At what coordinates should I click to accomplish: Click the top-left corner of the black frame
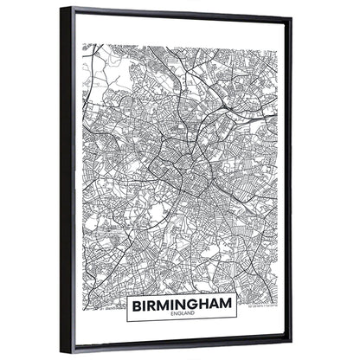tap(62, 7)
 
